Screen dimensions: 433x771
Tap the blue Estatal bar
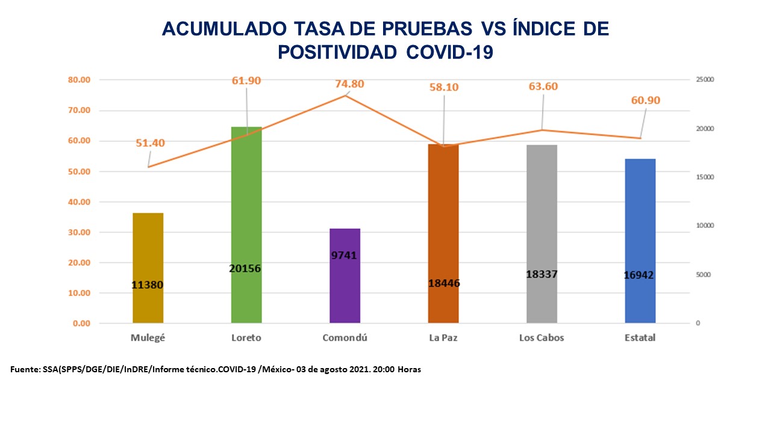click(x=640, y=241)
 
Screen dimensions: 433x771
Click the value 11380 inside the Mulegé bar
click(x=148, y=285)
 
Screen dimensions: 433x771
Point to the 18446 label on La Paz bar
click(x=443, y=283)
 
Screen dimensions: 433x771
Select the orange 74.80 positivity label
click(x=349, y=84)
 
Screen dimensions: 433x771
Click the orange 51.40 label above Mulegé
click(x=150, y=143)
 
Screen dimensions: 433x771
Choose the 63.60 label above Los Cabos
click(x=542, y=86)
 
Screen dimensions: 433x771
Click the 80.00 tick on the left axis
click(x=79, y=80)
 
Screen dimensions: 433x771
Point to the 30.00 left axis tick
click(x=79, y=232)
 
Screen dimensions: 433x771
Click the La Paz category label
click(x=443, y=338)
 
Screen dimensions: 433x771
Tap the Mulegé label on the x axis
click(x=148, y=338)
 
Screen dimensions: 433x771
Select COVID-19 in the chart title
click(x=450, y=52)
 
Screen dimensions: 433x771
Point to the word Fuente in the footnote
click(x=25, y=369)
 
